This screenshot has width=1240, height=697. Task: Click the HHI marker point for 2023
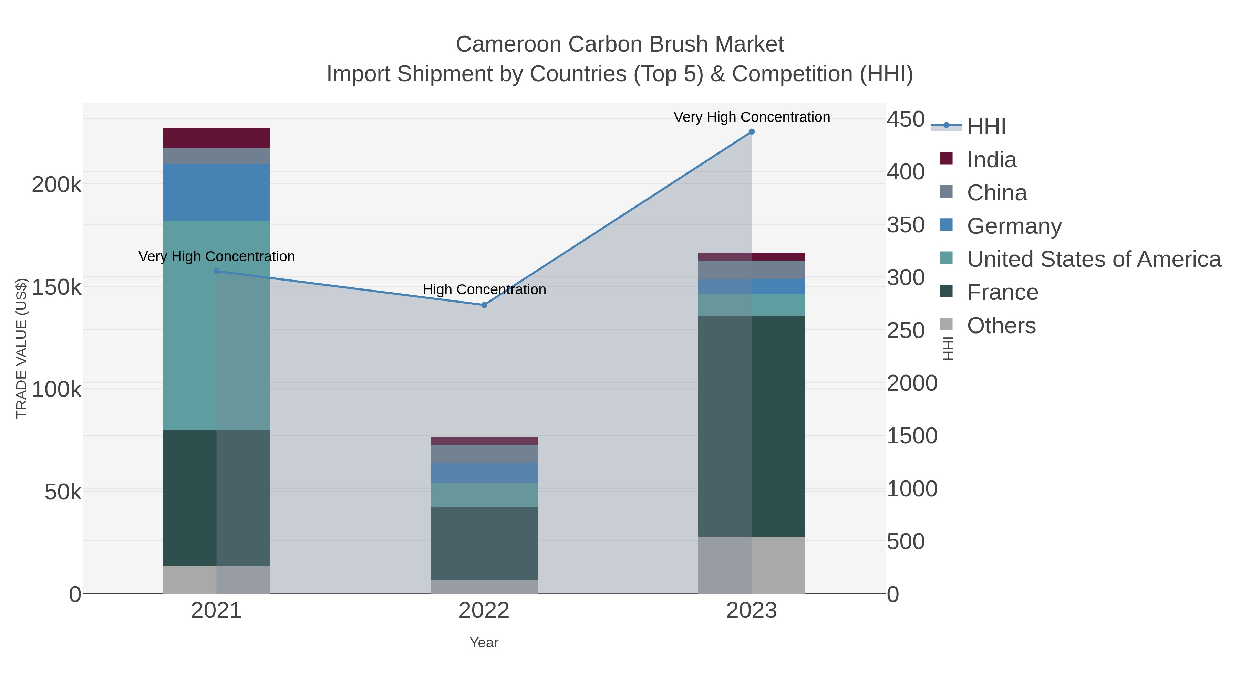coord(752,132)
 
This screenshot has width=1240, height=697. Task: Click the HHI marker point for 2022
coord(484,305)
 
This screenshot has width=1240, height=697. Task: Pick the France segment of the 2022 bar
coord(484,543)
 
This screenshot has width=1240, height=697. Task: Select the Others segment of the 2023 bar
coord(752,565)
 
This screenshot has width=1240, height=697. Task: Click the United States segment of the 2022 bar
coord(484,495)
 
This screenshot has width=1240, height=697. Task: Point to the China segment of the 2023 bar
coord(752,270)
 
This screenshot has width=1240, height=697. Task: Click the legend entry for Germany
coord(1014,226)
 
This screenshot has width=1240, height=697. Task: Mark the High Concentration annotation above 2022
coord(484,289)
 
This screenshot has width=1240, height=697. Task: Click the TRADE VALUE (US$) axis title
coord(22,348)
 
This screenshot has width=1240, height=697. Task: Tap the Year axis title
coord(484,643)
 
